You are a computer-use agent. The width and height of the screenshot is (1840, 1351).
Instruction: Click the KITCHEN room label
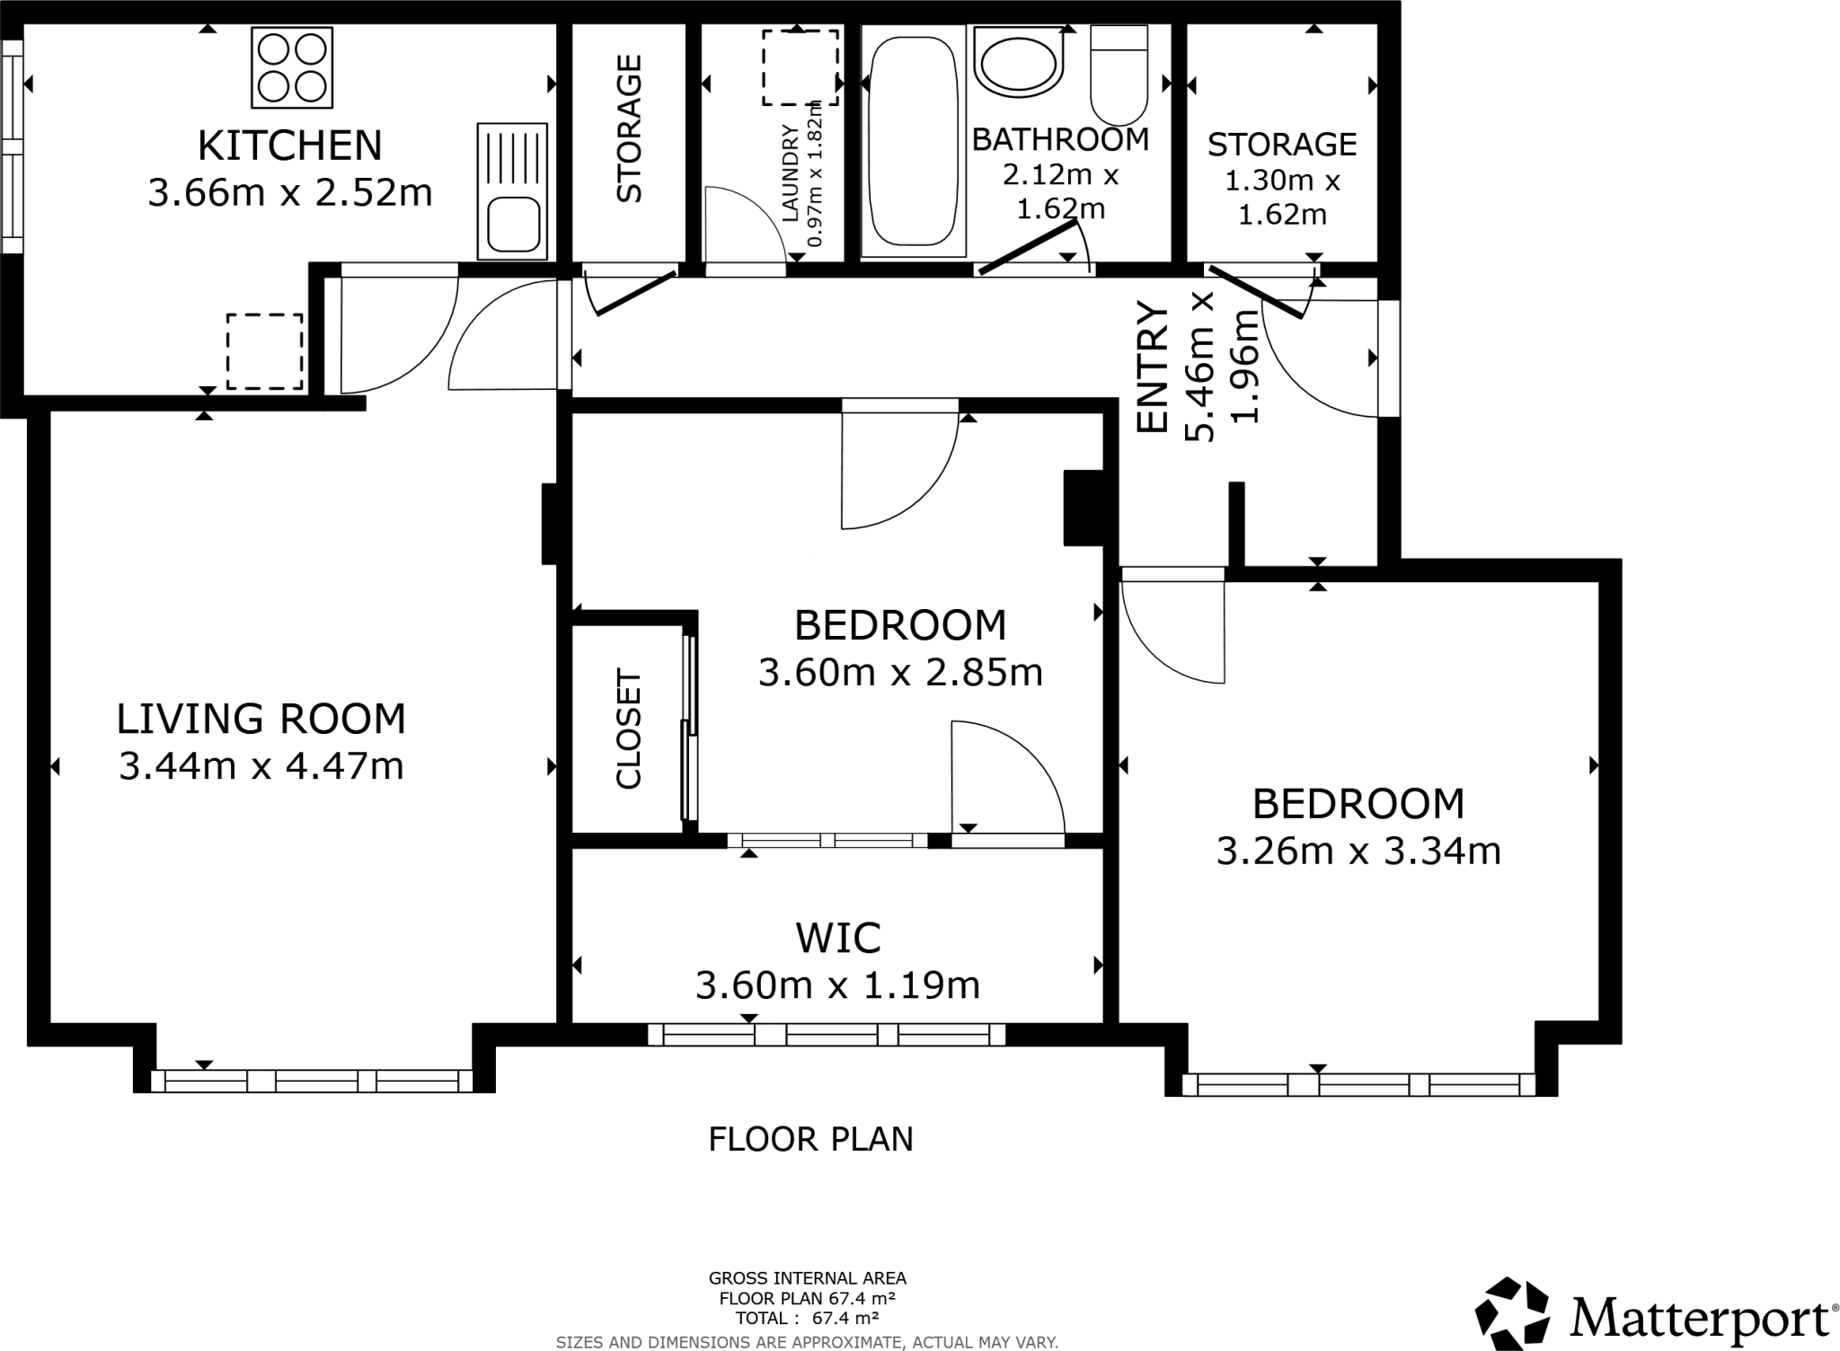[x=289, y=146]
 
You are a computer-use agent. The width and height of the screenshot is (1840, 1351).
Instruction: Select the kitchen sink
[x=512, y=190]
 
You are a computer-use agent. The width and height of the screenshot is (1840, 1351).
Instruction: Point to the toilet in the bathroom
[x=1119, y=75]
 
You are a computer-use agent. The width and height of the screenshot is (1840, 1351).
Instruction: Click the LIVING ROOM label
[x=261, y=719]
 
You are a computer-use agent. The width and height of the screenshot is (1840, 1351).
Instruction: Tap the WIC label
[x=838, y=939]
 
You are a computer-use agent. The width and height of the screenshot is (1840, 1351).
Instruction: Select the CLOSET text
[x=628, y=729]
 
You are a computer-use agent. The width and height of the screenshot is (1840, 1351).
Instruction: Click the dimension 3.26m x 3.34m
[x=1358, y=851]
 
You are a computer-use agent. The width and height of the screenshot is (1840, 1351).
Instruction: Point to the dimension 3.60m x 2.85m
[x=900, y=672]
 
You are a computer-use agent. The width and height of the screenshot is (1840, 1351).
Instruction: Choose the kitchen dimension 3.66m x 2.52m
[x=289, y=193]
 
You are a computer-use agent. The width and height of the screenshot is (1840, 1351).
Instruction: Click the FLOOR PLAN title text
[x=810, y=1139]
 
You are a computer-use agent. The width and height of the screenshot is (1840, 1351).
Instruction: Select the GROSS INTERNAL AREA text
[x=808, y=1278]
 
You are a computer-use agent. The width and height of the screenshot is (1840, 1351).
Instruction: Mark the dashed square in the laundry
[x=801, y=67]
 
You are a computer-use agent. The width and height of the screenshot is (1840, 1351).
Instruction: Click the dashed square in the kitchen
[x=264, y=351]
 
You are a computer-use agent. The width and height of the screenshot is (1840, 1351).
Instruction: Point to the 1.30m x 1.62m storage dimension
[x=1282, y=198]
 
